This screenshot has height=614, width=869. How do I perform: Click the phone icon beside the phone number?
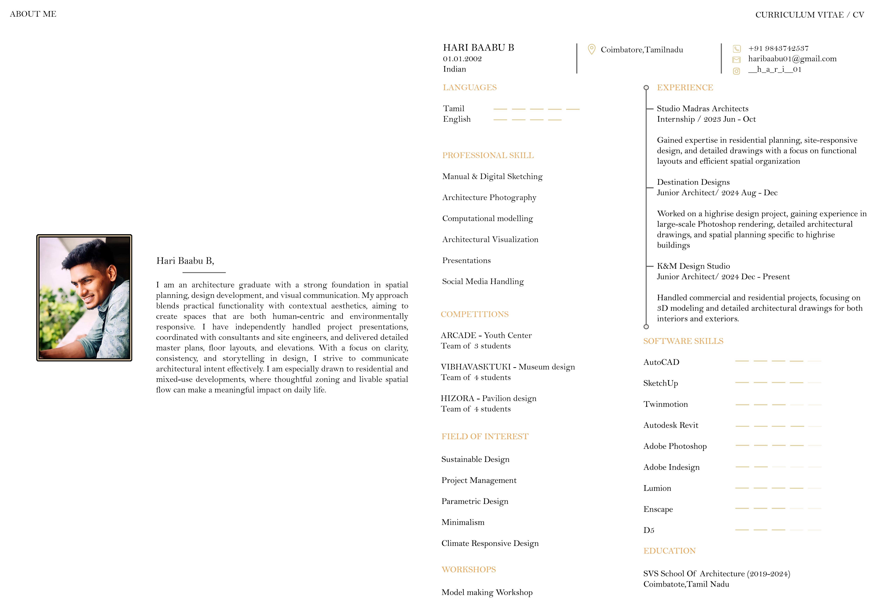[x=737, y=49]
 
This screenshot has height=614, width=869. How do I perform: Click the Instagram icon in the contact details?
[x=737, y=71]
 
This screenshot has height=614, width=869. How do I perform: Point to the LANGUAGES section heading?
[x=470, y=88]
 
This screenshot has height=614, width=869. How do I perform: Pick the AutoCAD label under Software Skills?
[x=661, y=362]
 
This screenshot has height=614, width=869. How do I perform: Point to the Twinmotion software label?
[x=665, y=404]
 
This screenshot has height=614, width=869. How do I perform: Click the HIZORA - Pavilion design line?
[x=488, y=399]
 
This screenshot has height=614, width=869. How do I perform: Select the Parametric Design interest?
[x=475, y=501]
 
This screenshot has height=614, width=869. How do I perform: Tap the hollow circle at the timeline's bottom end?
[x=646, y=327]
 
